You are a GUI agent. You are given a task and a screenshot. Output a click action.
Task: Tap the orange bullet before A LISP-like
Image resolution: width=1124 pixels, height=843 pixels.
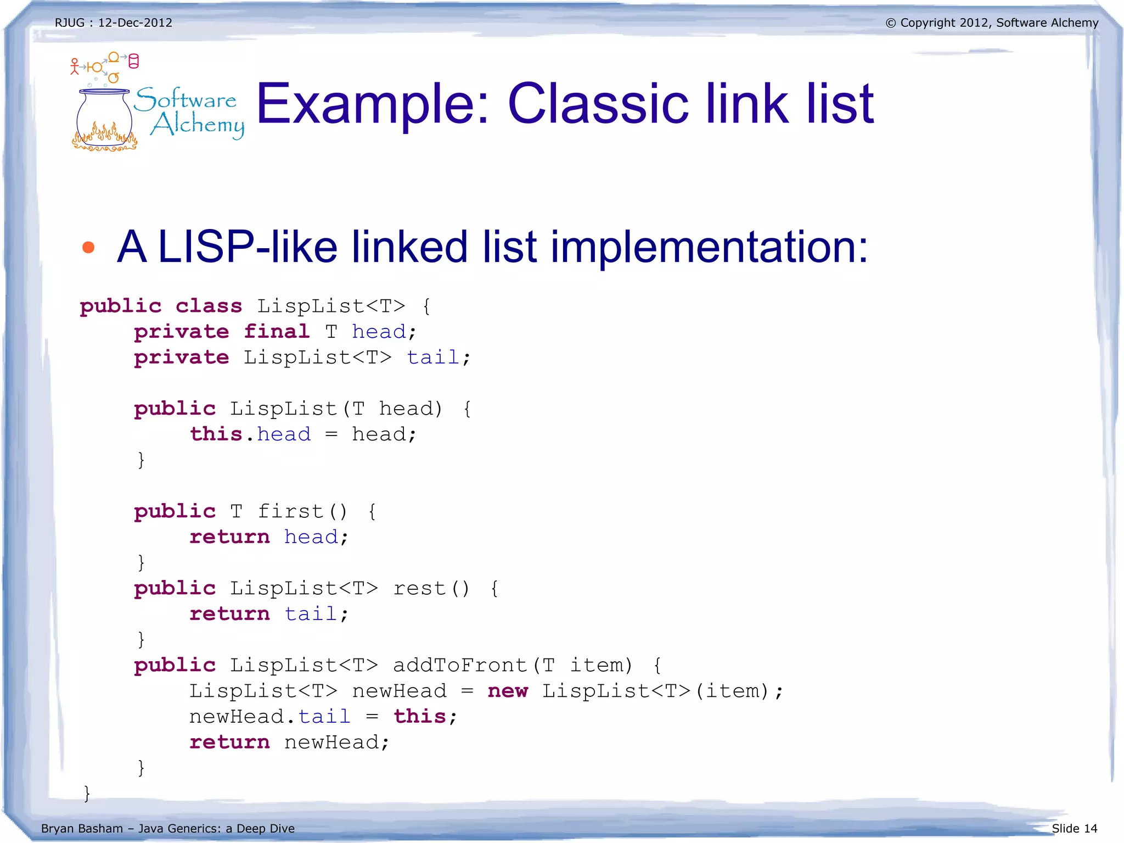click(88, 248)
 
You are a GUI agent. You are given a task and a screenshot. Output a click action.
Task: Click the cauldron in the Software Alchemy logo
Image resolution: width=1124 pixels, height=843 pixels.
click(104, 118)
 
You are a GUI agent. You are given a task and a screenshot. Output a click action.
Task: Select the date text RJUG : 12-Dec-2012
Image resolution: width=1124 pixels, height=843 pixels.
click(114, 23)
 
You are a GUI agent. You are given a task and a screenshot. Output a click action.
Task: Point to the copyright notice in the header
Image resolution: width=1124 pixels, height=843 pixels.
click(992, 23)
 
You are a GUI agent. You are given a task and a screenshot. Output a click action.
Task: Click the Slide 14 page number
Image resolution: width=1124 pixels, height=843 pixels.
click(1074, 828)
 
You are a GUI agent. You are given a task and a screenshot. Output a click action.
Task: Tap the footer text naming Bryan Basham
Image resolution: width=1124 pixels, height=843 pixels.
click(167, 828)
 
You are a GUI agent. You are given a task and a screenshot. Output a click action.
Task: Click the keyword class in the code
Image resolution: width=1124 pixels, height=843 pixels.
click(209, 306)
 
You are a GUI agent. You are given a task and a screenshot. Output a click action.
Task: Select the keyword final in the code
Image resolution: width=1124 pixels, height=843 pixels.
click(277, 332)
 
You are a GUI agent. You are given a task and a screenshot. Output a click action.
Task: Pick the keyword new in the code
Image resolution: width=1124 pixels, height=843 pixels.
click(508, 691)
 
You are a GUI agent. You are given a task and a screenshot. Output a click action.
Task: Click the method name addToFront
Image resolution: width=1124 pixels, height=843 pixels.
click(460, 666)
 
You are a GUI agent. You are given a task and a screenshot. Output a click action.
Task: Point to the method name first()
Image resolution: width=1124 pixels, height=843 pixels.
click(302, 511)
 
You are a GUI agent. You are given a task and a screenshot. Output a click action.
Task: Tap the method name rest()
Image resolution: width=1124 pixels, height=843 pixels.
click(431, 589)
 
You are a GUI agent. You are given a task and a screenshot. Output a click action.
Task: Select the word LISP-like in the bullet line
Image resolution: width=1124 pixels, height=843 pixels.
click(248, 247)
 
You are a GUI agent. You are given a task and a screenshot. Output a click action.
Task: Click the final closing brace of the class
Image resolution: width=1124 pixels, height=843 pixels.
click(87, 793)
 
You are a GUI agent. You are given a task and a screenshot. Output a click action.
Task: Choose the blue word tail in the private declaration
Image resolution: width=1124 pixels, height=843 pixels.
click(432, 358)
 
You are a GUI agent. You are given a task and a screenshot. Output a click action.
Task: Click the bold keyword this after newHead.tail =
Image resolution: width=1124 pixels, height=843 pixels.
click(420, 717)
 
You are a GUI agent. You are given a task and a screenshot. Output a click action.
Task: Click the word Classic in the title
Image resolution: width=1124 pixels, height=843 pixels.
click(598, 104)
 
